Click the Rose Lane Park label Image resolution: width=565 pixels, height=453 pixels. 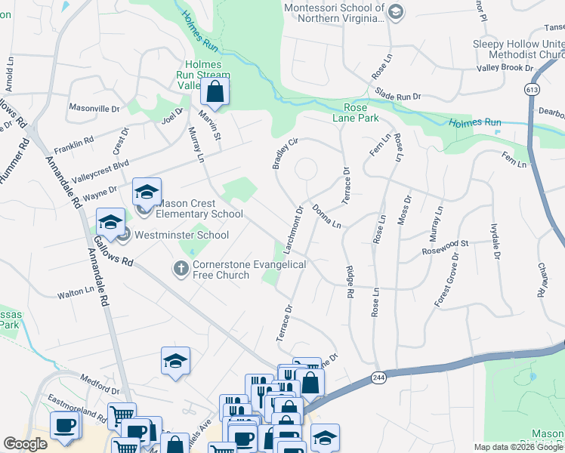(355, 112)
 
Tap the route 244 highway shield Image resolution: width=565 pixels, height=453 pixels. (379, 376)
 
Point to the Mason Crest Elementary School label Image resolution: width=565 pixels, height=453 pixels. (199, 208)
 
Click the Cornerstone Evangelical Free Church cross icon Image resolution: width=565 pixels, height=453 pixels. (181, 268)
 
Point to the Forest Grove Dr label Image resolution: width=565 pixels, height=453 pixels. (446, 279)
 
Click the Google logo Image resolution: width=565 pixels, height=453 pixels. (25, 444)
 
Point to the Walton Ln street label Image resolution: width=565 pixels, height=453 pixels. (76, 290)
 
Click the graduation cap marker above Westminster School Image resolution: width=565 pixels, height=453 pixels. (110, 221)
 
